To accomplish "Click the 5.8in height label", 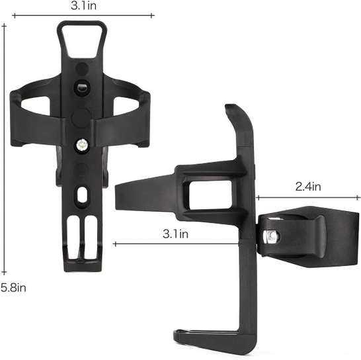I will pos(13,287).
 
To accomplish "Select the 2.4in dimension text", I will pos(307,187).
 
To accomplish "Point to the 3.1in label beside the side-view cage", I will pos(176,234).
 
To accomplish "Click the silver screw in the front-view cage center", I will pos(81,143).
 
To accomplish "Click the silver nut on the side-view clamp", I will pos(270,235).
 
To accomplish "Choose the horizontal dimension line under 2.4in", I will pos(307,197).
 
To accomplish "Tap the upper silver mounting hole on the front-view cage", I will pos(81,87).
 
